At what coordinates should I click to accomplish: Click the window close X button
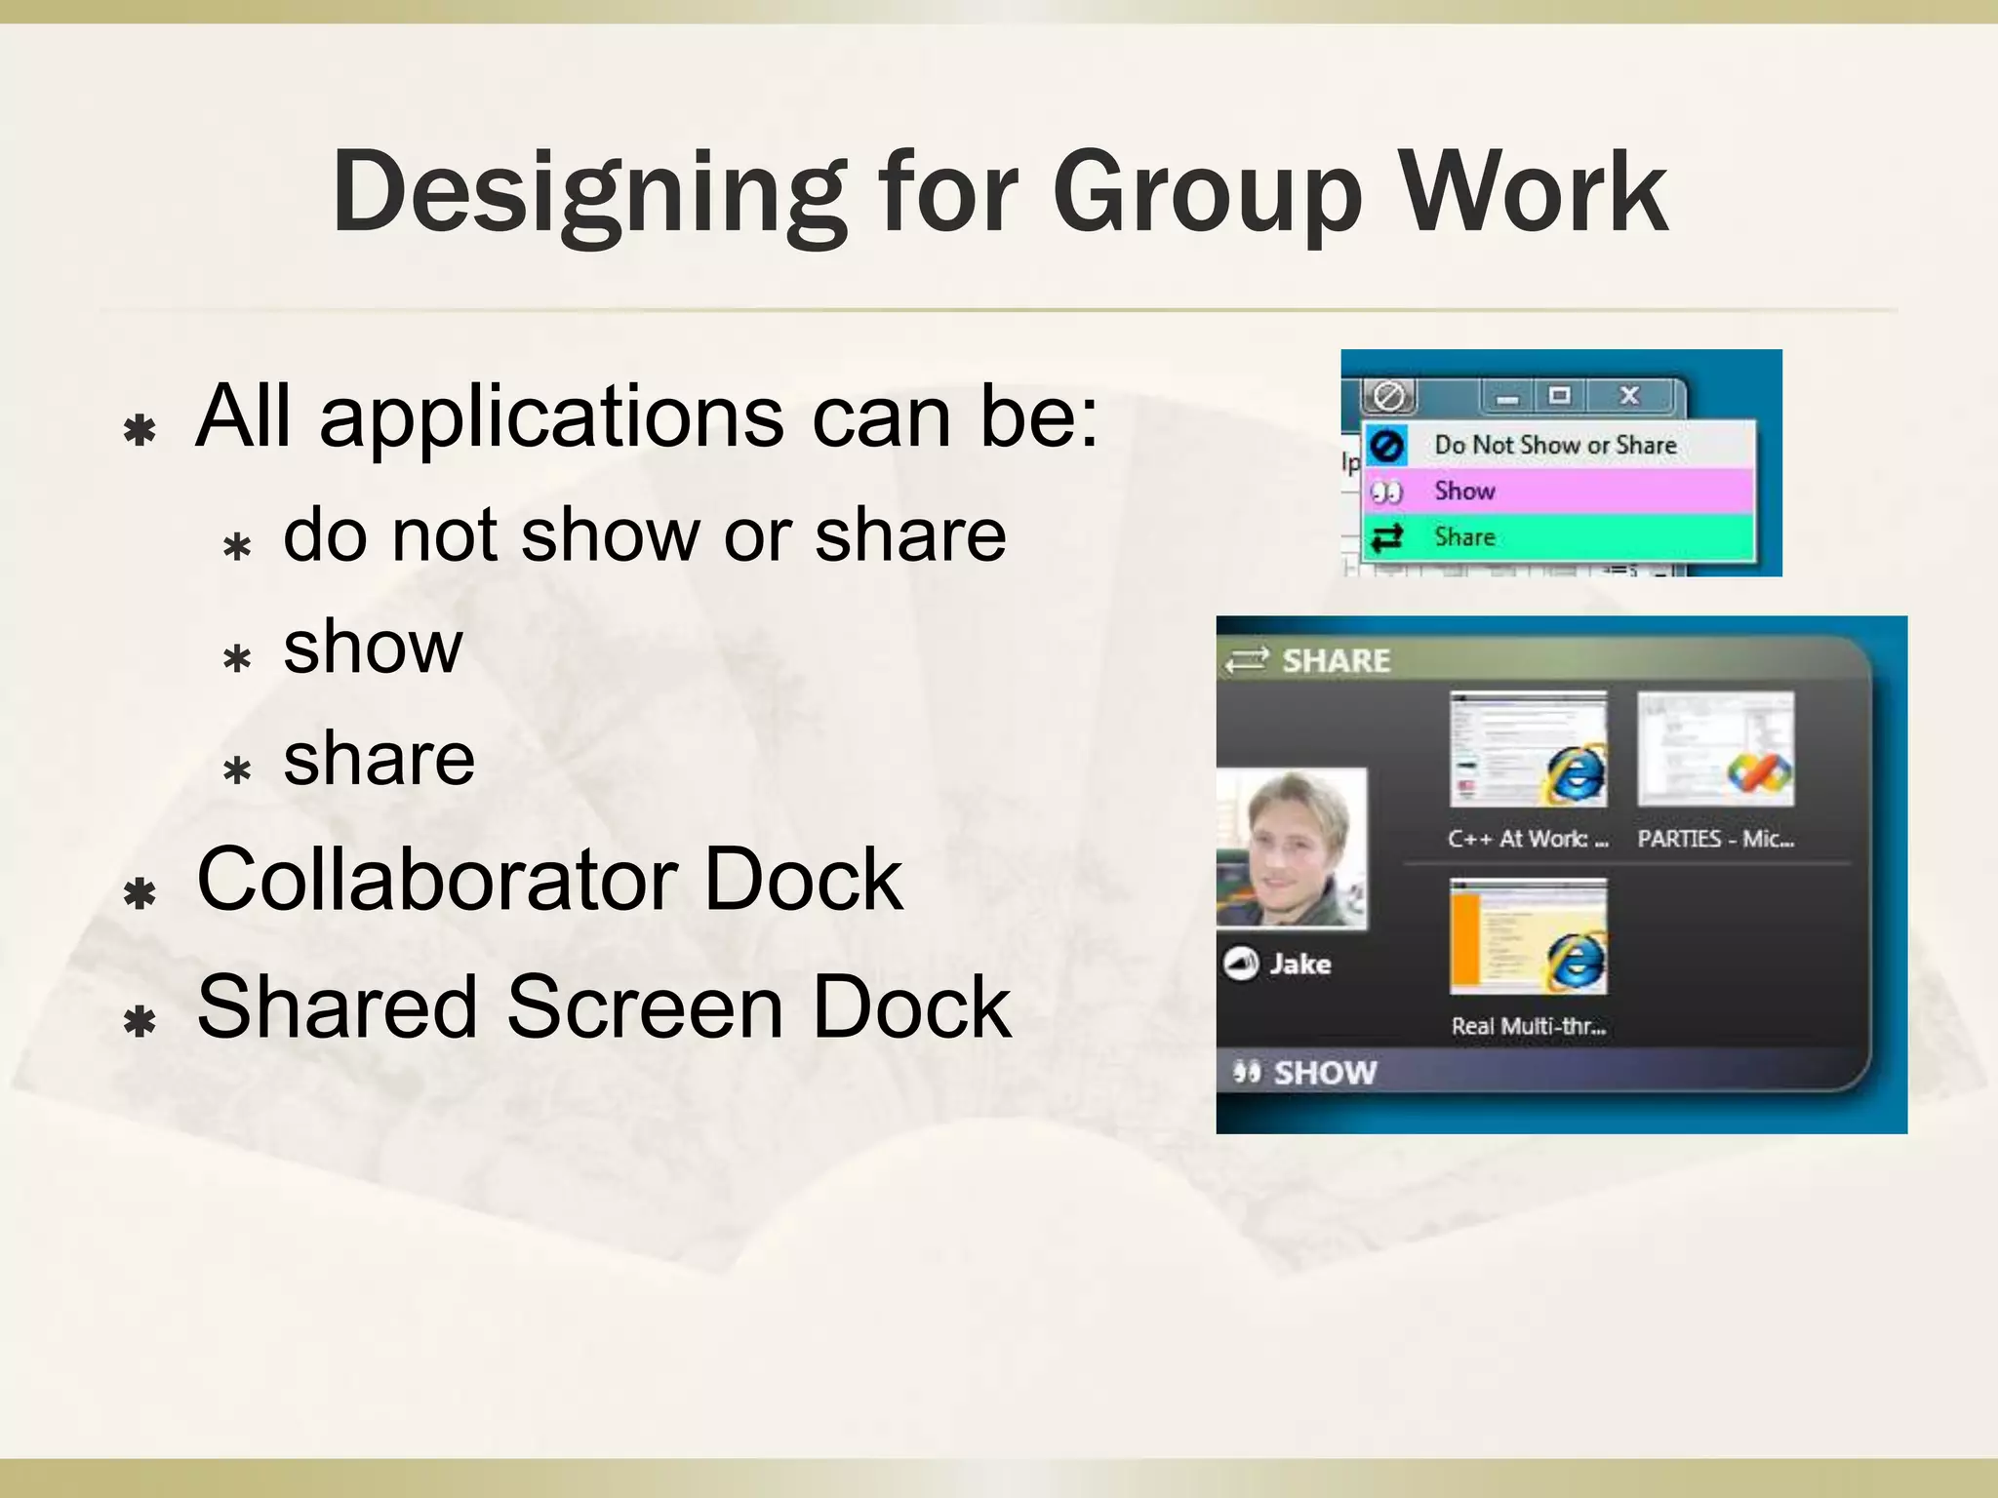tap(1629, 396)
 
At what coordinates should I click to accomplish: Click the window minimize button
tap(1508, 397)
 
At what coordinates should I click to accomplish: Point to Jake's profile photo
tap(1292, 848)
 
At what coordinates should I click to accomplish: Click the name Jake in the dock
tap(1299, 964)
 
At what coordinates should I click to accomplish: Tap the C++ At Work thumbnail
tap(1528, 749)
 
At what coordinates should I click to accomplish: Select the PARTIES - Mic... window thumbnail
tap(1715, 749)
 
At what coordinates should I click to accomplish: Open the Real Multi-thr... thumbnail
tap(1528, 936)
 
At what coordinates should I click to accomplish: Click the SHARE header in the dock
tap(1335, 660)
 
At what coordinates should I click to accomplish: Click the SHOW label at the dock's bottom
tap(1324, 1073)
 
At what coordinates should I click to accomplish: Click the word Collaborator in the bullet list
tap(439, 879)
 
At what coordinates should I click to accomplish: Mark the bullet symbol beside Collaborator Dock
tap(140, 891)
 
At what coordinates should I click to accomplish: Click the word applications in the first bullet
tap(551, 417)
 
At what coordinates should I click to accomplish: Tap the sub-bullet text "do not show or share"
tap(644, 535)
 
